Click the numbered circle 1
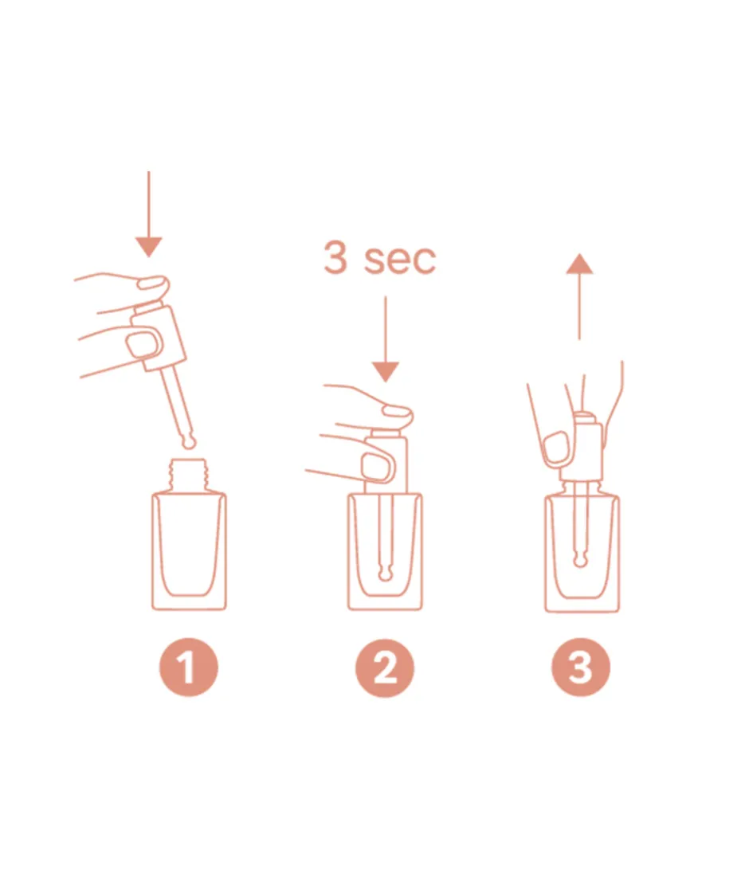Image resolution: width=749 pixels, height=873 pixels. [188, 667]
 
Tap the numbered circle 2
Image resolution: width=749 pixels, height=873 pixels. [385, 667]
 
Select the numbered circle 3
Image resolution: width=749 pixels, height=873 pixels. [581, 667]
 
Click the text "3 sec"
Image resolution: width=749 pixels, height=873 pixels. [380, 258]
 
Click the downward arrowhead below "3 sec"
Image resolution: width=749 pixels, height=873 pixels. [386, 371]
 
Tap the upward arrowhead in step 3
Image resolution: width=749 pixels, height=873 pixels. [579, 264]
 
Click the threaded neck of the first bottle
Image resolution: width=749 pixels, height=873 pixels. [188, 476]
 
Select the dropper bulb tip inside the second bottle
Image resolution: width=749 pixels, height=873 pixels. [385, 573]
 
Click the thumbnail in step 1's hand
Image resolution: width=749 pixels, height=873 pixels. [143, 345]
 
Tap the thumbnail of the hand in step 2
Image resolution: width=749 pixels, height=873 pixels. [376, 467]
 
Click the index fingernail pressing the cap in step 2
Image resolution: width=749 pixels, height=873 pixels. [396, 412]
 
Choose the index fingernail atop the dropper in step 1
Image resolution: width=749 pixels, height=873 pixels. [151, 282]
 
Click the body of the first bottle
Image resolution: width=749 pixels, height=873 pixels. [189, 550]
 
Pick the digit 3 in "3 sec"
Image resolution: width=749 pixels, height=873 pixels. [335, 258]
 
